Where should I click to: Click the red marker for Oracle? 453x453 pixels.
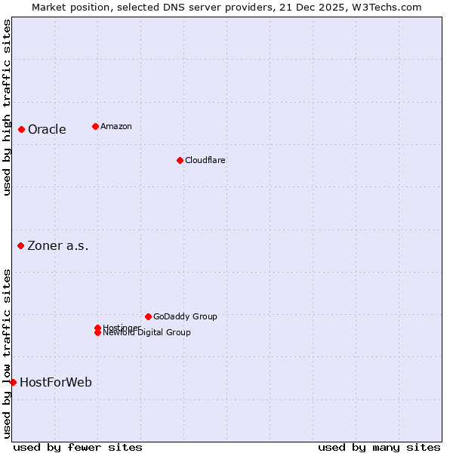22,129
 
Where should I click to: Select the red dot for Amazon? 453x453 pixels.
95,126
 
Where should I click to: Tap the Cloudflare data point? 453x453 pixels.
180,160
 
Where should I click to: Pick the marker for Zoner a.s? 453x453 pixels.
21,245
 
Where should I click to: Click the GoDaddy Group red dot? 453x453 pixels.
148,316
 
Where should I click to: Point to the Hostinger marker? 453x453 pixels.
97,328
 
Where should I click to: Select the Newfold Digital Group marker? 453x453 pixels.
97,333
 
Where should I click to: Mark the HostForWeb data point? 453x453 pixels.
13,382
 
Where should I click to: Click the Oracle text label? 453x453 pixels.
47,129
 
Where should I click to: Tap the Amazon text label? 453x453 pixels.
116,126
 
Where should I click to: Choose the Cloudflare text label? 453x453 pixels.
205,160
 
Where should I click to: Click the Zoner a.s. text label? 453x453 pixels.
58,245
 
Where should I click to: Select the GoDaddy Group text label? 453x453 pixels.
185,316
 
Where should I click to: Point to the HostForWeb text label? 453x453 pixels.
56,382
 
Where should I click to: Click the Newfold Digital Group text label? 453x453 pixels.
146,333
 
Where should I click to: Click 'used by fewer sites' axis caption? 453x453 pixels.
78,447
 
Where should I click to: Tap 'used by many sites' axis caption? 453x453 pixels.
379,447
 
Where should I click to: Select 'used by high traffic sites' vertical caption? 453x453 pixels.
7,108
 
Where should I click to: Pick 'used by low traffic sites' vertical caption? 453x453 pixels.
7,353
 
